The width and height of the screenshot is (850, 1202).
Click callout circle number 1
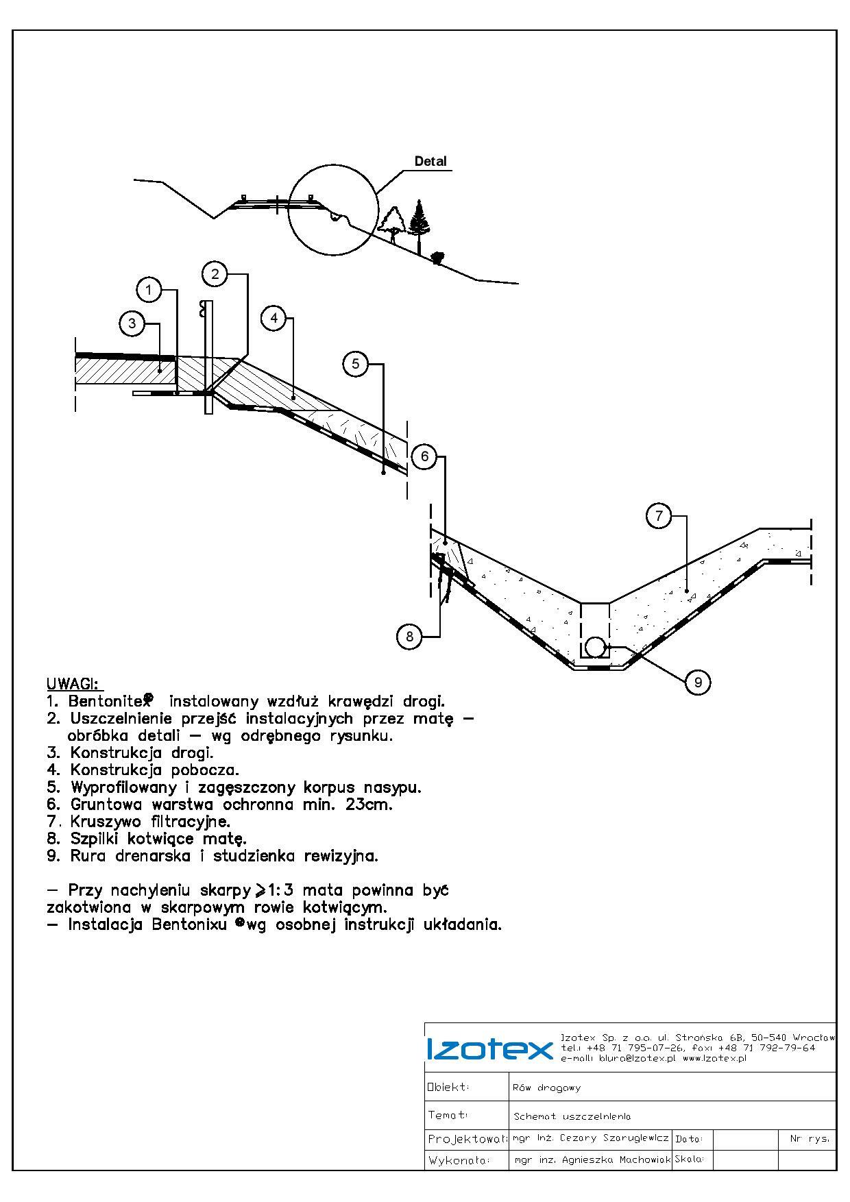click(149, 289)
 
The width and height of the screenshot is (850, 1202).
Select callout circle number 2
click(215, 274)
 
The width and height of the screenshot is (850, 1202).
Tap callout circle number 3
click(132, 323)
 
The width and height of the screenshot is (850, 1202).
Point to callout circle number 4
click(274, 317)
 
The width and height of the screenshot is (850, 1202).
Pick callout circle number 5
click(355, 363)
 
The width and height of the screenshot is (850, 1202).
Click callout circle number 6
click(424, 456)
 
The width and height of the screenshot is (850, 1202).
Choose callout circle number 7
click(659, 515)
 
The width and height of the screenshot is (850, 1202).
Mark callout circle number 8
click(409, 637)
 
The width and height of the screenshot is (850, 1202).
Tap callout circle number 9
click(698, 682)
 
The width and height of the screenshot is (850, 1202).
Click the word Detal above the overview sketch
click(430, 161)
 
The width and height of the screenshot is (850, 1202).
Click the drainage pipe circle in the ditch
click(594, 646)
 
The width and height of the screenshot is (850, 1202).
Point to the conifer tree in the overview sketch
click(418, 218)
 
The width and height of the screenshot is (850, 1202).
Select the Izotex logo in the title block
click(489, 1049)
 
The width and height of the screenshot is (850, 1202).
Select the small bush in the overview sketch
click(437, 258)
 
